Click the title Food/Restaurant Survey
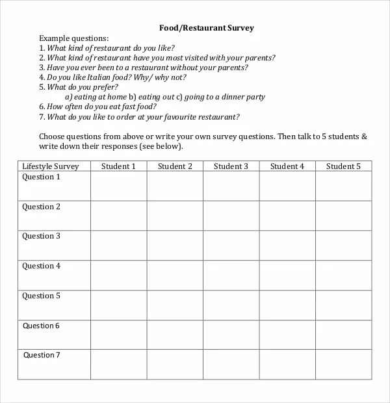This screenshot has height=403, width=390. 207,28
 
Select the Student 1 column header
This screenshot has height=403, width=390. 118,166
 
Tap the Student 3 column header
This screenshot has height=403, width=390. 231,166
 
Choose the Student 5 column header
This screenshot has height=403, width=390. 343,166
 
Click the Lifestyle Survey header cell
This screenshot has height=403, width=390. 51,166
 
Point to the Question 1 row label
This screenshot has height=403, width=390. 41,177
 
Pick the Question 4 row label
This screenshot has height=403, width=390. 41,266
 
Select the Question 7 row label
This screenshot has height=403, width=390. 42,355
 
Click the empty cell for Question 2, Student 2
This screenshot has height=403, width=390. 175,216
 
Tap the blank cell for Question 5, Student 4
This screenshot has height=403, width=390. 287,305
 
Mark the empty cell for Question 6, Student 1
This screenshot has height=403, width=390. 118,335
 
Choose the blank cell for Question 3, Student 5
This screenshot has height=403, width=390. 343,246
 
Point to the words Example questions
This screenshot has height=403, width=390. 74,38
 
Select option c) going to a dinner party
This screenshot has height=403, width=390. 220,97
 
